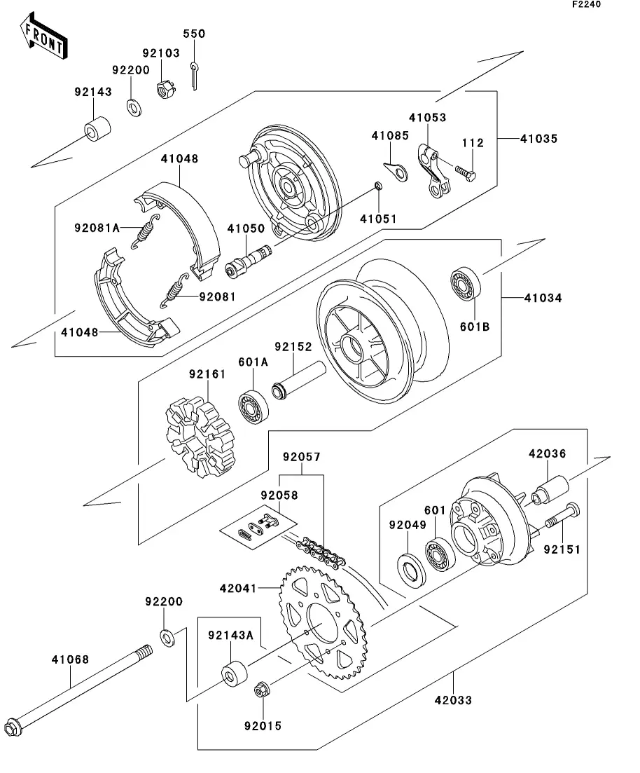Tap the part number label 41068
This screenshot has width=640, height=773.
click(70, 659)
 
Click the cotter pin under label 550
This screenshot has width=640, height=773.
click(195, 75)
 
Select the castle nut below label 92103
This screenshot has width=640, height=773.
click(164, 90)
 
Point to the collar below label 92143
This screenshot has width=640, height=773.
click(99, 130)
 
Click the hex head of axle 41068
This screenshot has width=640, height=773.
click(13, 728)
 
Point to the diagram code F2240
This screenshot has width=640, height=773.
click(586, 5)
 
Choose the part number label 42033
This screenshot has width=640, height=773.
click(453, 699)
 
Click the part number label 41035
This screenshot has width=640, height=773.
click(538, 139)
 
